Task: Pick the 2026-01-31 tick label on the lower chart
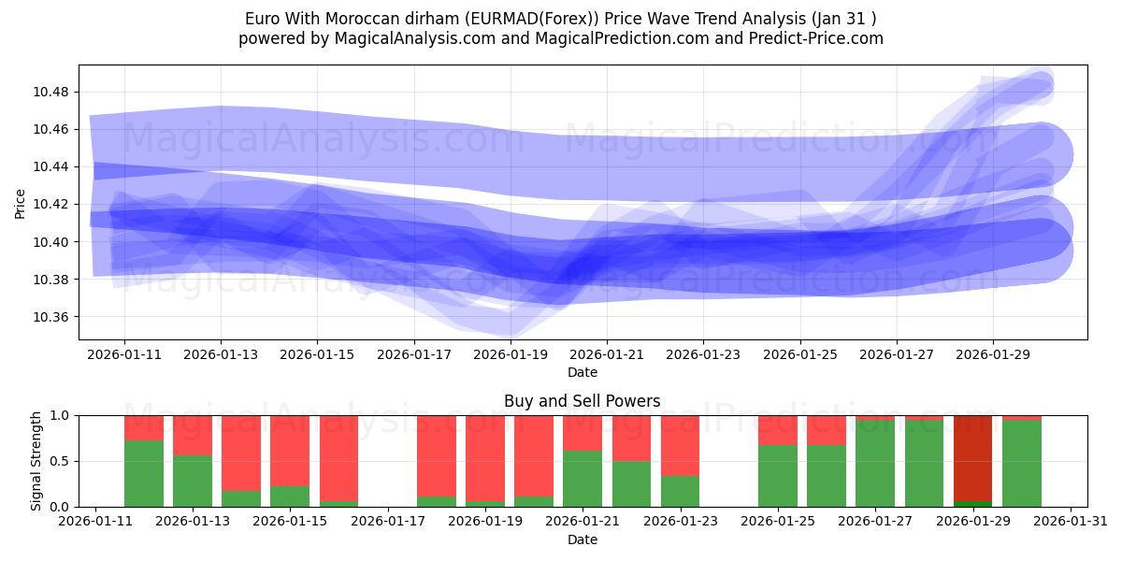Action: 1071,522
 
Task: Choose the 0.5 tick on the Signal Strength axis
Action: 63,461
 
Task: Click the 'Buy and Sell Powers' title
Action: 582,401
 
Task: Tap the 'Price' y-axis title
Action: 21,203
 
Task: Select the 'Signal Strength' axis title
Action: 36,461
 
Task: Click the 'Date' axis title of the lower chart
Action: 582,539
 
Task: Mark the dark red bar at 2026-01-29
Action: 973,457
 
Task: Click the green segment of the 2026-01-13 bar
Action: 193,481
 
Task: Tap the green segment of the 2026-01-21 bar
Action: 583,479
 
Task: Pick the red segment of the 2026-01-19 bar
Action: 485,457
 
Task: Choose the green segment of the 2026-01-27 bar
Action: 875,464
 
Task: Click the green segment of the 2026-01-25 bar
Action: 778,476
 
